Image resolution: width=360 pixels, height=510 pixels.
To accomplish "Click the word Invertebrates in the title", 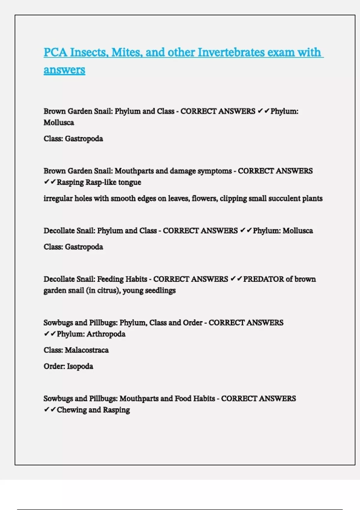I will tap(231, 52).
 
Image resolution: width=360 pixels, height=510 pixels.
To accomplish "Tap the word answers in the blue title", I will tap(64, 70).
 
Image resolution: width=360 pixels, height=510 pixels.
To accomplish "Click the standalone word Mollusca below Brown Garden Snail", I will tap(59, 123).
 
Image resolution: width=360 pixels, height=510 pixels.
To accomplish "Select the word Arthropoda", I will tap(106, 334).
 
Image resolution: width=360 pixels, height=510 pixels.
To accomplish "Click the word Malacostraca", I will tap(87, 350).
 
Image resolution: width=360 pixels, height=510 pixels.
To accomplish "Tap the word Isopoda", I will tap(80, 367).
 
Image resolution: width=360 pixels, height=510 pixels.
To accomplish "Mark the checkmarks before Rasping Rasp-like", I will tap(50, 182).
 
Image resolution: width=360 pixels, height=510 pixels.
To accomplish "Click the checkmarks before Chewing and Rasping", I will tap(50, 410).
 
